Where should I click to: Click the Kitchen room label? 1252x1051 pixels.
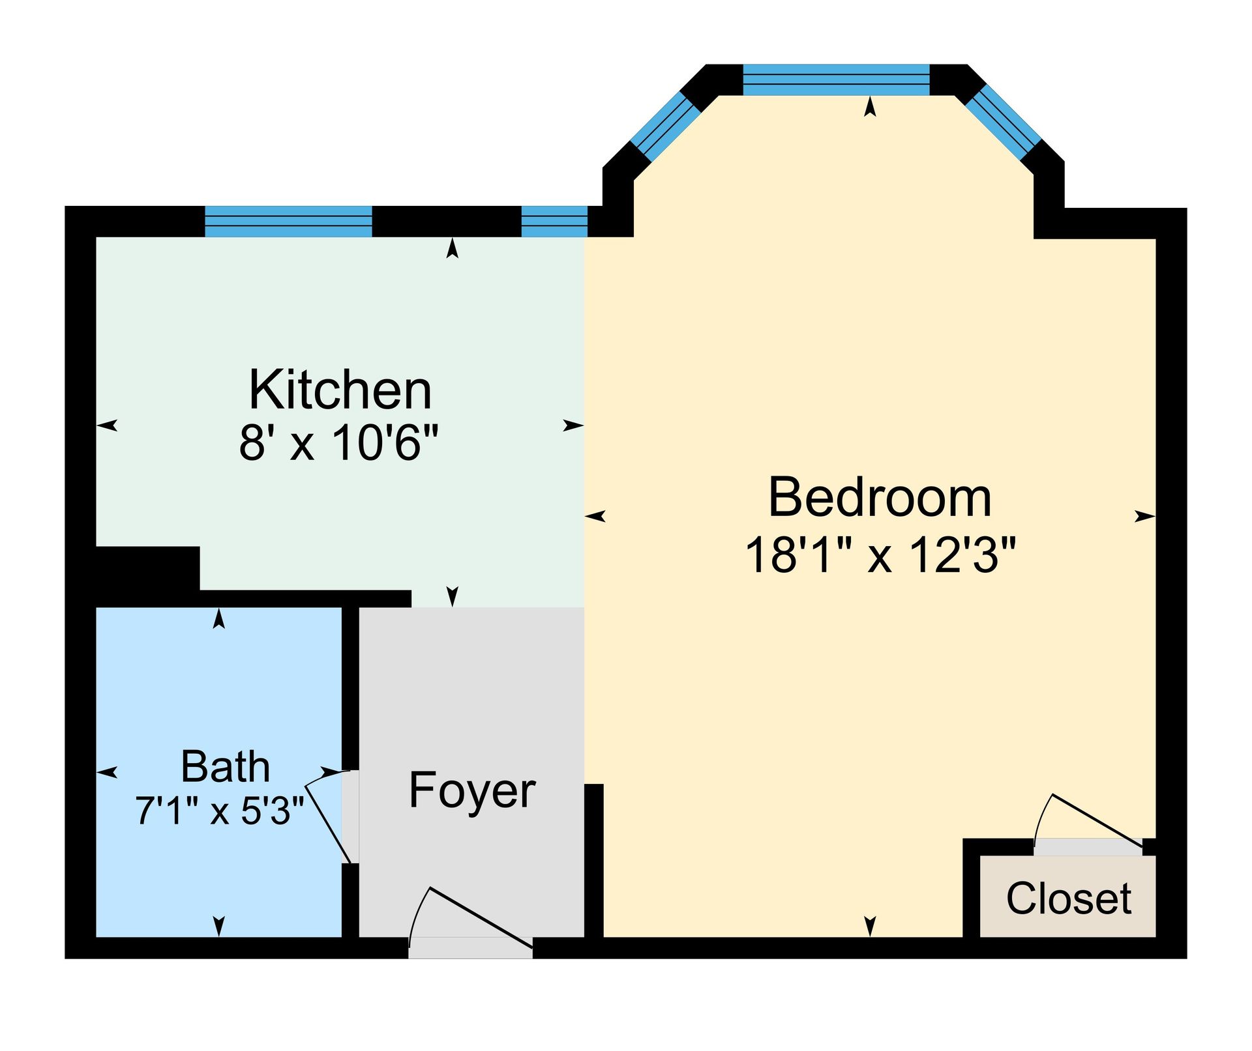coord(340,390)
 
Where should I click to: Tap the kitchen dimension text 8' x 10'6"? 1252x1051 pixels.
coord(338,443)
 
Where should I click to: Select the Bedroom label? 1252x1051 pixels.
coord(880,498)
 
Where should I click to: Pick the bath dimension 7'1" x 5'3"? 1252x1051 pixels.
coord(220,811)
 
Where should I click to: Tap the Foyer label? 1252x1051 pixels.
coord(471,790)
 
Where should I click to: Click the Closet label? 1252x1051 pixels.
coord(1068,899)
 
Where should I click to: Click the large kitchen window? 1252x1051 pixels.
coord(288,222)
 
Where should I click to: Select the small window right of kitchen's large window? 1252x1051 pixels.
coord(554,222)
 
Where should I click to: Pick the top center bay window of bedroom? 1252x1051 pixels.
coord(836,80)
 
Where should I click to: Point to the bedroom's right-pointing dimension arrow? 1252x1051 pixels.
coord(1144,517)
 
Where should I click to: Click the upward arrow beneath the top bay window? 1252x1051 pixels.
coord(870,107)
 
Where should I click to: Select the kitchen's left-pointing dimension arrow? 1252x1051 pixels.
coord(108,425)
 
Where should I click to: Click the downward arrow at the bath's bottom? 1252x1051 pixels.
coord(219,925)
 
